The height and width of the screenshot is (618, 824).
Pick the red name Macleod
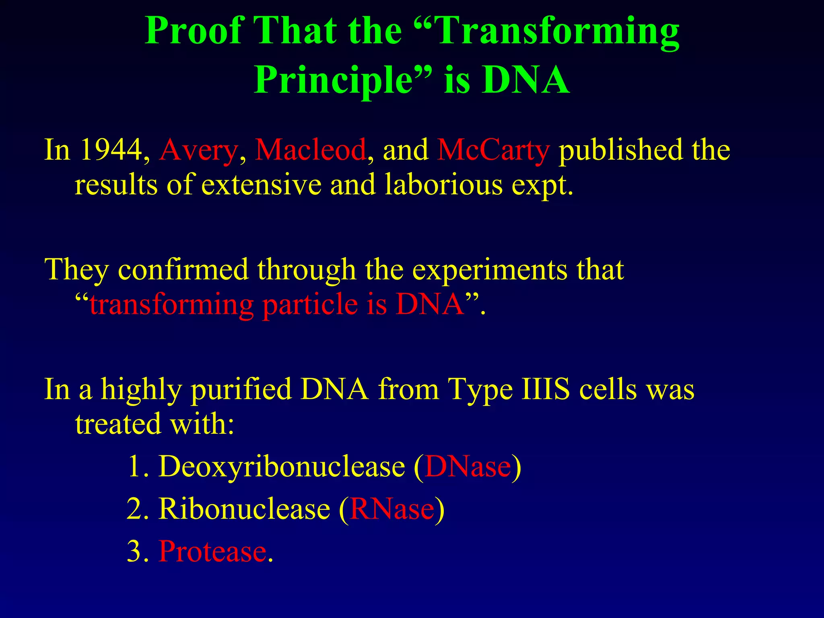311,150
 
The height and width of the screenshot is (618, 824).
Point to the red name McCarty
493,150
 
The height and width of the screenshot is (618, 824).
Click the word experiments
490,270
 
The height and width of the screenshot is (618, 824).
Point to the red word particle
310,304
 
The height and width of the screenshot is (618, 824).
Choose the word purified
241,389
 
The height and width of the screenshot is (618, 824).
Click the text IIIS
546,389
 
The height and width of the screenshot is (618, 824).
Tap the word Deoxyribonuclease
282,467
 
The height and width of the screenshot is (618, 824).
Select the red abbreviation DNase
468,467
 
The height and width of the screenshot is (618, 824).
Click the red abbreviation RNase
392,509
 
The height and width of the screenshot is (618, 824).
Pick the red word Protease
212,551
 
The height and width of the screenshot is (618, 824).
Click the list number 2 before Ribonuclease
135,509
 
